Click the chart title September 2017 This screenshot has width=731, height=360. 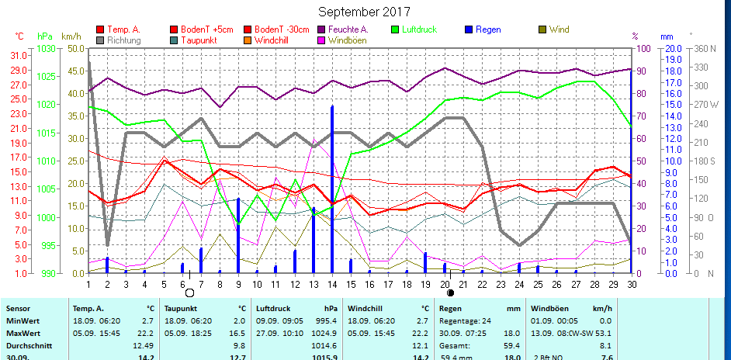point(365,12)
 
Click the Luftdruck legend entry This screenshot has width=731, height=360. point(419,29)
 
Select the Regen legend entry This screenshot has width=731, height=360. point(488,29)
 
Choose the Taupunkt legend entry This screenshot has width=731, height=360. point(199,40)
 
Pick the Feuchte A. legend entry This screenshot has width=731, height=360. point(348,29)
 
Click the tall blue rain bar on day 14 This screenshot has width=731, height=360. point(332,189)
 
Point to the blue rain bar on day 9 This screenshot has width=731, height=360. point(238,236)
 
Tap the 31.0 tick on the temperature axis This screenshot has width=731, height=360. point(16,56)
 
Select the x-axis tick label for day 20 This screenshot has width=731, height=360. point(445,285)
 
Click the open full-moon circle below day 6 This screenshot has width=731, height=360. point(190,293)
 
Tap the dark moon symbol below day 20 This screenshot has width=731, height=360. point(450,293)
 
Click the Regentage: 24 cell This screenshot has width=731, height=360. point(464,320)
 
